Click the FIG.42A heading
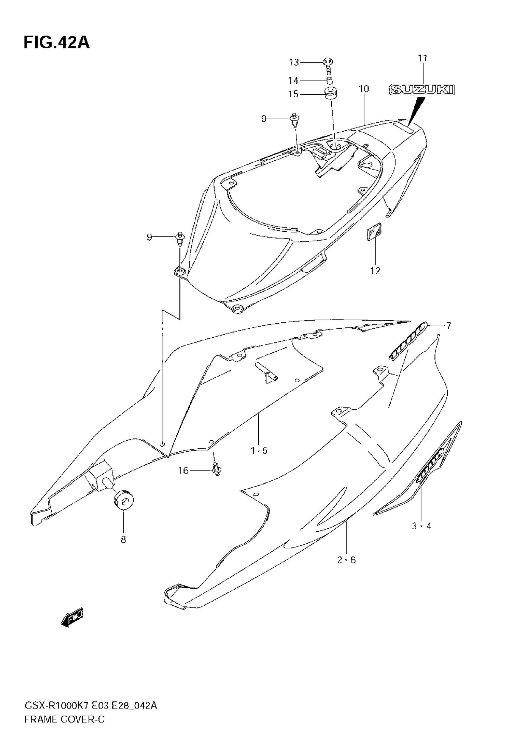[57, 43]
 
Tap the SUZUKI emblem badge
[422, 90]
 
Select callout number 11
[423, 59]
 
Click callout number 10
[364, 89]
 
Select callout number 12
[375, 271]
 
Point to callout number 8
[123, 539]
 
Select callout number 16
[183, 470]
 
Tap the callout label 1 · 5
[259, 450]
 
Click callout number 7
[449, 325]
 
